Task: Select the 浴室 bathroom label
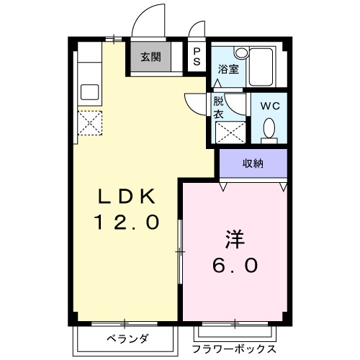coord(228,69)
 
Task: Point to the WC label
coord(269,105)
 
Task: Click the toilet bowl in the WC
coord(269,129)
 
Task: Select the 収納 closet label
coord(252,163)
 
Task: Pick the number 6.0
coord(235,266)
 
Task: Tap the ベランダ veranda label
coord(127,338)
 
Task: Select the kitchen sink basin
coord(90,91)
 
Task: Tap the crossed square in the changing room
coord(229,132)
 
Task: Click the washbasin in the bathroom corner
coord(240,53)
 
